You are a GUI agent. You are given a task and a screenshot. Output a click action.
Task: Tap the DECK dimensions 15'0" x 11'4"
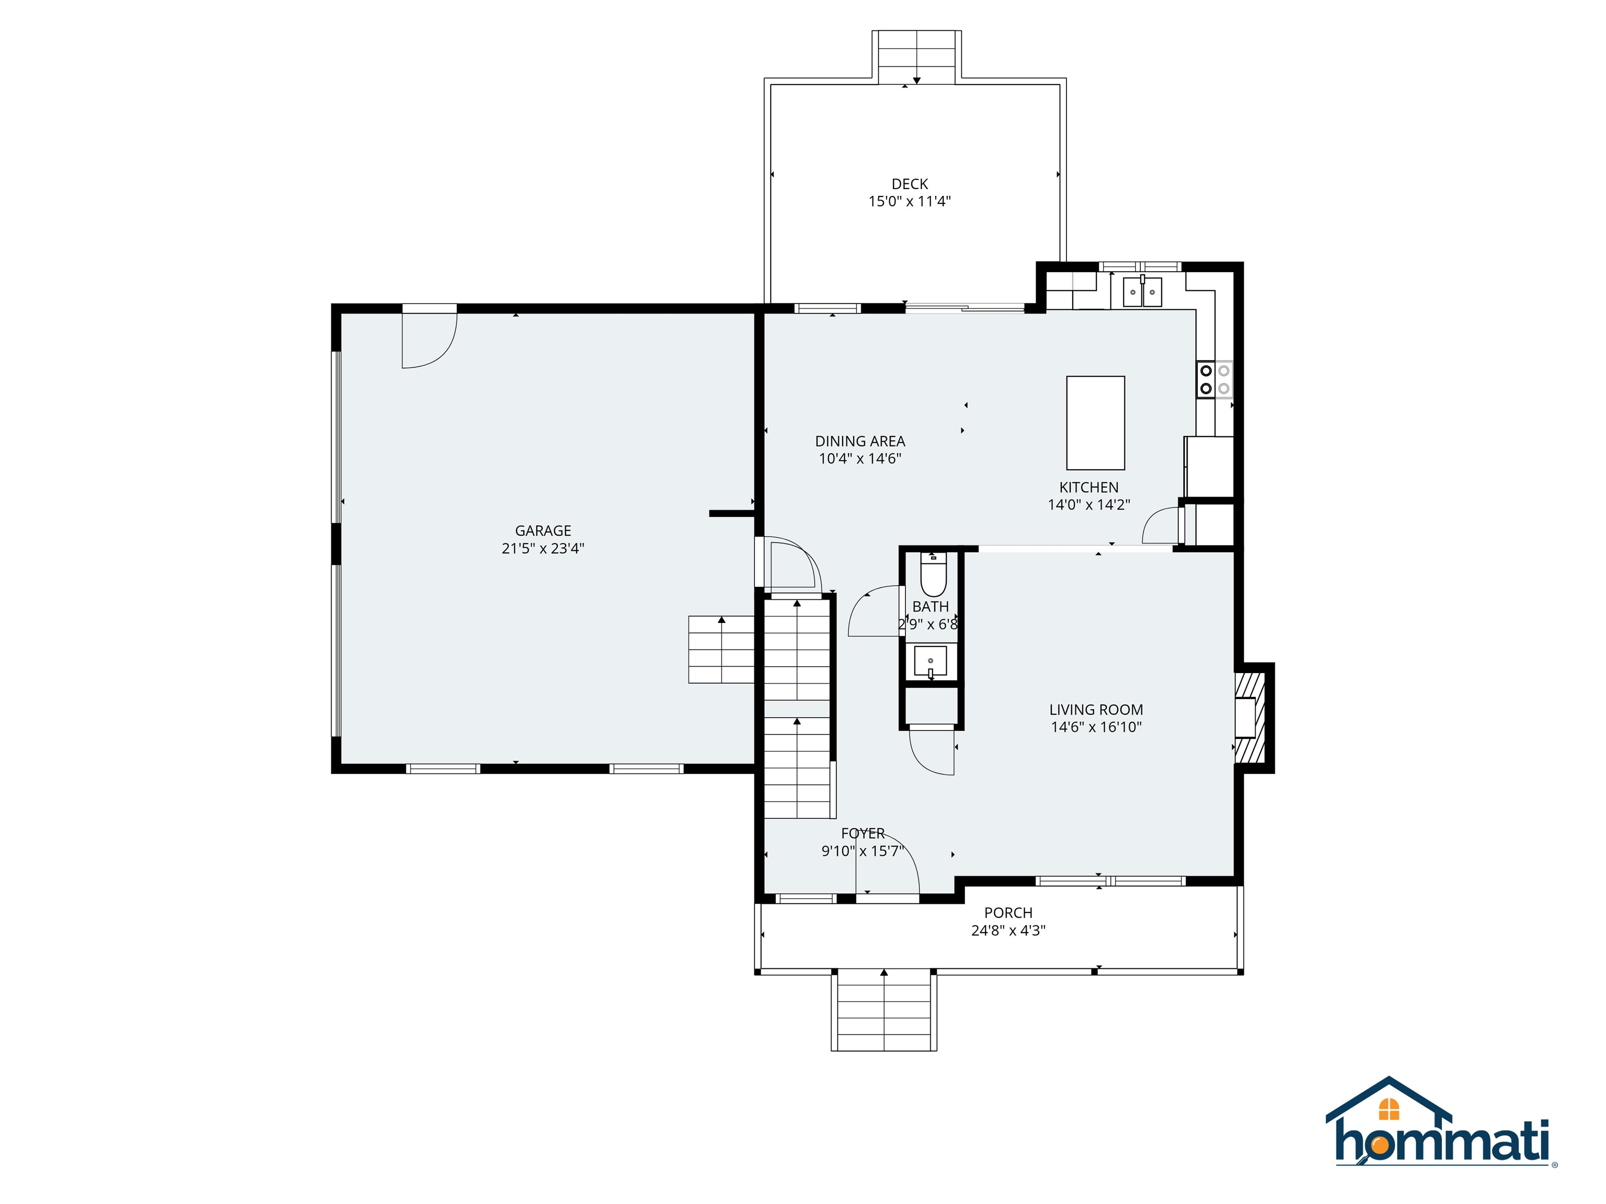tap(909, 202)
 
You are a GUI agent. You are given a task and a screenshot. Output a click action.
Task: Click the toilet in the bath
tap(933, 577)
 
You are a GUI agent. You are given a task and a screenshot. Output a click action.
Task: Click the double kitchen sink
tap(1142, 292)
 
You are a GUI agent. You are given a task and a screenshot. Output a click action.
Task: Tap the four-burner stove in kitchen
tap(1214, 379)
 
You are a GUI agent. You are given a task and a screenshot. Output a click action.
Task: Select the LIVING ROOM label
tap(1096, 710)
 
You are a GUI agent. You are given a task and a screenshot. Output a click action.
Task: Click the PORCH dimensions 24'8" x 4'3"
tap(1008, 930)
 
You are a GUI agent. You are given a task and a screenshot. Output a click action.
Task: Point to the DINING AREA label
tap(859, 441)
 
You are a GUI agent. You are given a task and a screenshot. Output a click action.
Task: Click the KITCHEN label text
tap(1088, 488)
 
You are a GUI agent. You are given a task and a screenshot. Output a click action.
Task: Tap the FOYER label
tap(863, 833)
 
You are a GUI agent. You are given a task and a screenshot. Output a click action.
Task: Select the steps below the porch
tap(884, 1012)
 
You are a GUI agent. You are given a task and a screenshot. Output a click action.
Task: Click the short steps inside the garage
tap(721, 650)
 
